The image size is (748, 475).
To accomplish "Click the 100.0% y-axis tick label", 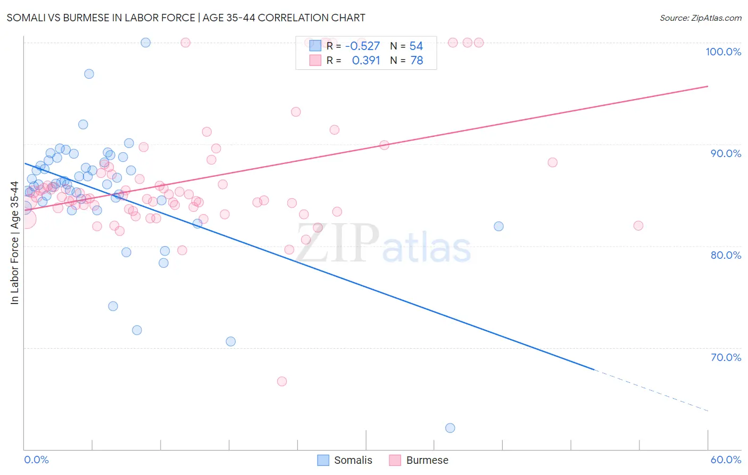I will pos(723,52).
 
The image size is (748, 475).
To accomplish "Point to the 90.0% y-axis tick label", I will pos(726,153).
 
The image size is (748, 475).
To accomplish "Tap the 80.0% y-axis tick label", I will pos(726,255).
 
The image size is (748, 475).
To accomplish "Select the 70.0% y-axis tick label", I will pos(726,357).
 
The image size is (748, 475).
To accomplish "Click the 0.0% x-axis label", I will pos(36,460).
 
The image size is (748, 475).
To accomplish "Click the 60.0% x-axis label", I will pos(726,460).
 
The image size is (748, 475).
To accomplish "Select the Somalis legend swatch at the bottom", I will pos(323,460).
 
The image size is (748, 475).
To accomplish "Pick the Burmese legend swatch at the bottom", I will pos(395,460).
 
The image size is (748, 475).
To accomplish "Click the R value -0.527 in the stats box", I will pos(362,46).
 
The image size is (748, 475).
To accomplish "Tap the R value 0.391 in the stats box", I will pos(366,60).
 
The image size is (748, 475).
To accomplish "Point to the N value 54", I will pos(416,46).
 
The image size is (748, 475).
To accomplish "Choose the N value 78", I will pos(416,60).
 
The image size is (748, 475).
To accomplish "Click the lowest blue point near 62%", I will pos(450,428).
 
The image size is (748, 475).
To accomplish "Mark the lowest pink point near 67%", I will pos(282,381).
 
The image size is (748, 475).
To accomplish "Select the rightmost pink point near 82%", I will pos(638,226).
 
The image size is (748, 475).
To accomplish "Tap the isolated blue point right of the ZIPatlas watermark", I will pos(498,226).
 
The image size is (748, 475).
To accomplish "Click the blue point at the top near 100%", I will pos(145,43).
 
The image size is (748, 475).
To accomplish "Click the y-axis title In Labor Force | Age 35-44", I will pos(14,243).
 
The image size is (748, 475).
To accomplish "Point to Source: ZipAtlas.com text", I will pos(700,18).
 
